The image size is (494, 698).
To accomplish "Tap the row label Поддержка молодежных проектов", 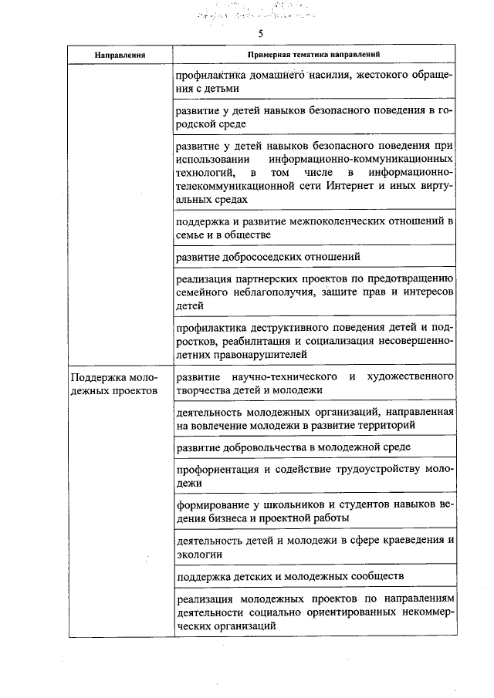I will (113, 383).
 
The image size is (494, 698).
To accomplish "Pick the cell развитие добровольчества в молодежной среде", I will (293, 447).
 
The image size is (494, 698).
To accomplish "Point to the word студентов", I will (337, 504).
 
